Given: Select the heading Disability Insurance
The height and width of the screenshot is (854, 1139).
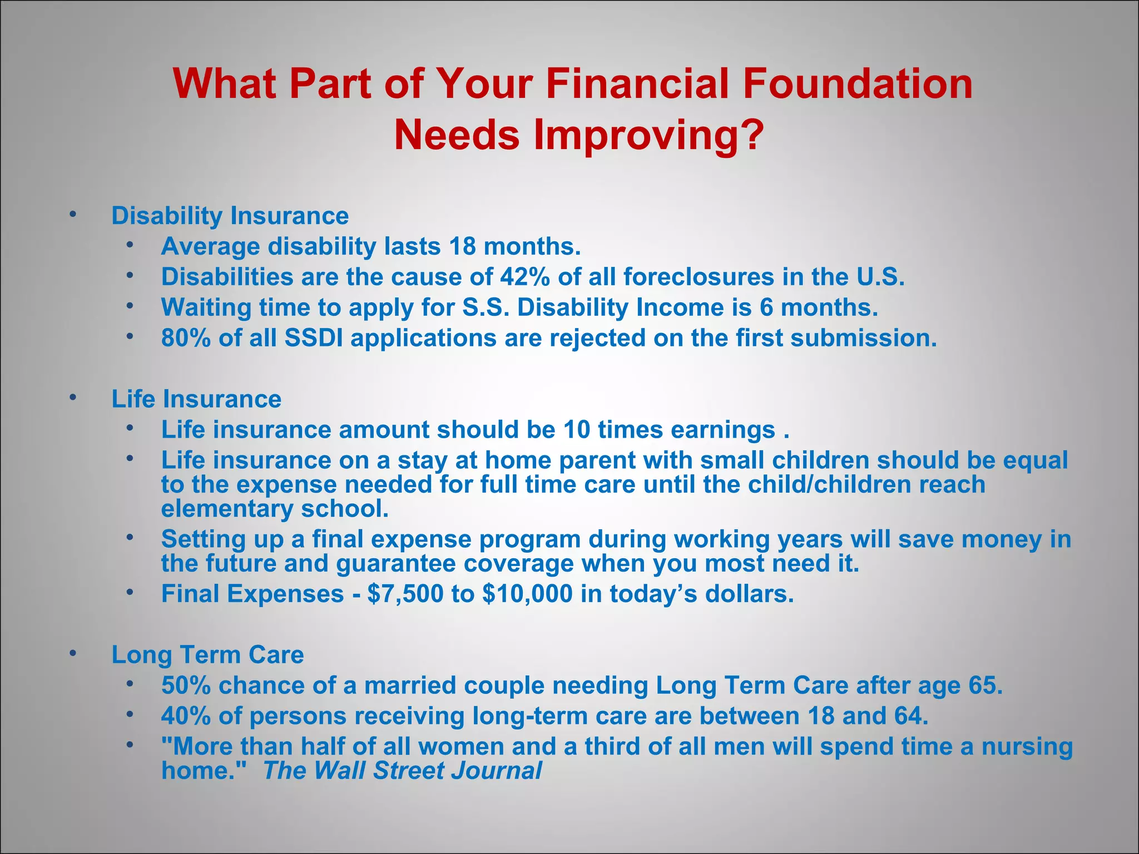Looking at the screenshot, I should (230, 216).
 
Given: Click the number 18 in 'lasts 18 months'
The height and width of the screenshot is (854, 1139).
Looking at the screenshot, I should (462, 246).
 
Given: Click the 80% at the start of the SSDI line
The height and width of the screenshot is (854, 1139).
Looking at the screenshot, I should (186, 338).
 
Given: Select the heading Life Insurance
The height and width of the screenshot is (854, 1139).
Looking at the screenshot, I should (196, 399).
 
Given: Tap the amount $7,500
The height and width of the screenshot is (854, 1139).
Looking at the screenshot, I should (405, 594).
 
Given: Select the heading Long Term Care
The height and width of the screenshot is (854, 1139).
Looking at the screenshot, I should (207, 655).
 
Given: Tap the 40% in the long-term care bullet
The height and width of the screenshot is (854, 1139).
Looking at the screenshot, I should (186, 716).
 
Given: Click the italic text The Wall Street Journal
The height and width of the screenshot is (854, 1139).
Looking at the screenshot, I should (402, 771).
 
